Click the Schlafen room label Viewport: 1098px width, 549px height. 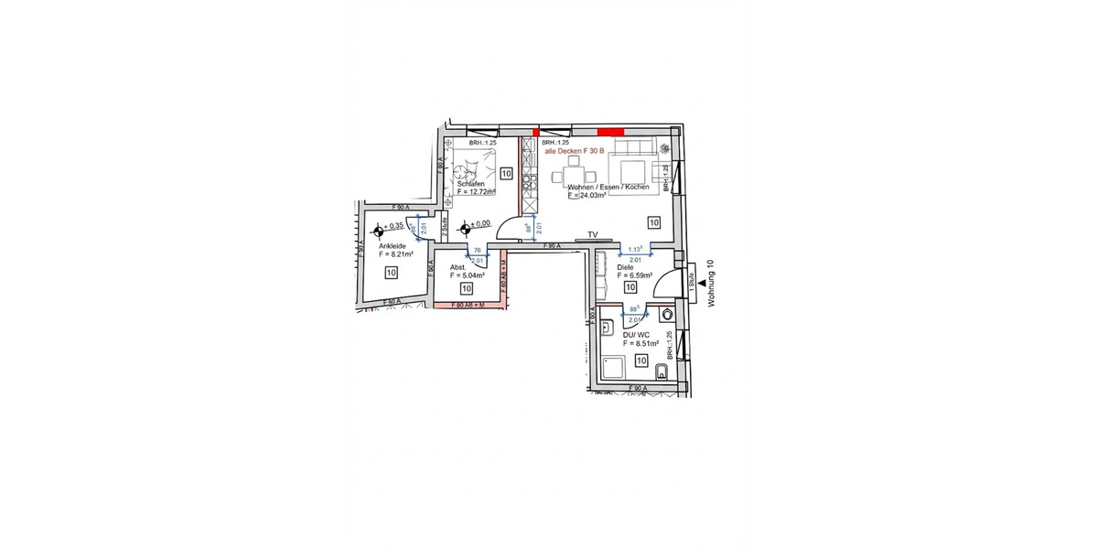coord(470,184)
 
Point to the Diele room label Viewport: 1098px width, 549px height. coord(626,267)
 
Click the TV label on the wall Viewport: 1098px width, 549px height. coord(592,235)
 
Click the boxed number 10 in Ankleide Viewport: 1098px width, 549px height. coord(391,272)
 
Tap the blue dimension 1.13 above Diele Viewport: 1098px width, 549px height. coord(634,248)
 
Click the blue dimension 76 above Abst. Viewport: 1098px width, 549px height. coord(476,250)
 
